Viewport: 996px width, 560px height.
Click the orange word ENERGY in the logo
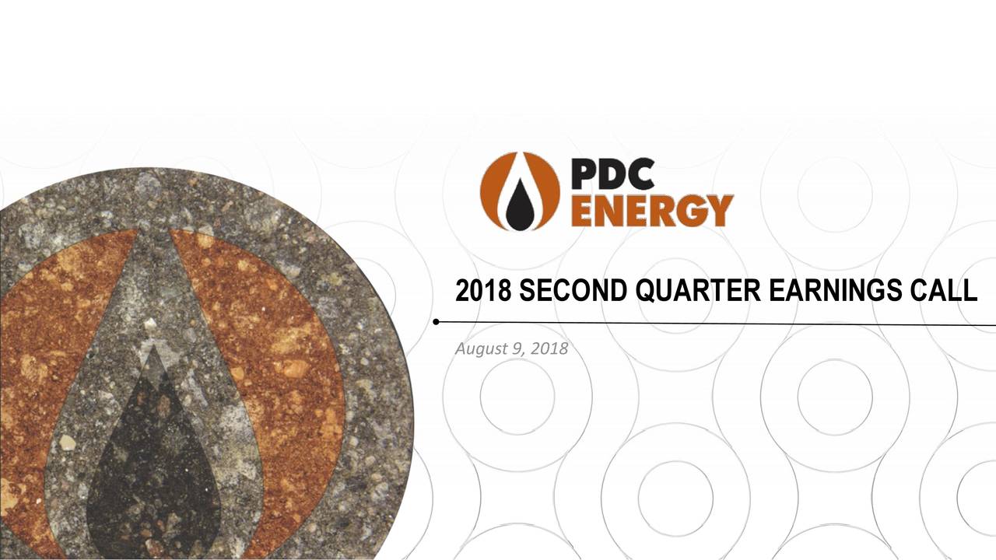pyautogui.click(x=652, y=211)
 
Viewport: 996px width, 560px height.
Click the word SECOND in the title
pyautogui.click(x=573, y=290)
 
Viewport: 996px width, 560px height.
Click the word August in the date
pyautogui.click(x=481, y=349)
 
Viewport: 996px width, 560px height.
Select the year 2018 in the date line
pyautogui.click(x=549, y=348)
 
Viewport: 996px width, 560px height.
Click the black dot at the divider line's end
pyautogui.click(x=437, y=322)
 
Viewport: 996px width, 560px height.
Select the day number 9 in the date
pyautogui.click(x=517, y=348)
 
